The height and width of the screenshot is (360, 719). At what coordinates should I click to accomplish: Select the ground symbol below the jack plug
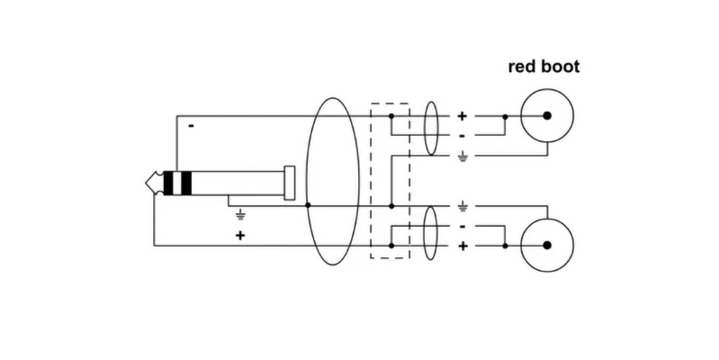coord(240,215)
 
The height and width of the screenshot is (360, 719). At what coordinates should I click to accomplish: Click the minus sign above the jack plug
coord(191,126)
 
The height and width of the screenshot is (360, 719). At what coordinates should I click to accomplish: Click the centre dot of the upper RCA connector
coord(545,116)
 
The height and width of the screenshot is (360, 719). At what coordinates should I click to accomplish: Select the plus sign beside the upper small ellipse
coord(463,116)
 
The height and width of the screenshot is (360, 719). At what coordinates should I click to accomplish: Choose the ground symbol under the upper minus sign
coord(463,157)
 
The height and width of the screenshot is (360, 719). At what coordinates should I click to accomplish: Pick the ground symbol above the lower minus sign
coord(463,205)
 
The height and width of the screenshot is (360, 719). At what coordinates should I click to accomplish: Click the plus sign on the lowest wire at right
coord(463,245)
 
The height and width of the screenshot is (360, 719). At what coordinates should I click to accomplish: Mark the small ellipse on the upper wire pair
coord(430,126)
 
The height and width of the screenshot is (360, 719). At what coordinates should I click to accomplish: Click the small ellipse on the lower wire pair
coord(430,233)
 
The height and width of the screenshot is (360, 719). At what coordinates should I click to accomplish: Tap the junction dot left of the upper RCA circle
coord(505,116)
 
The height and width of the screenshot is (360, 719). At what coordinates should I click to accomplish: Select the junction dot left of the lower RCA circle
coord(505,245)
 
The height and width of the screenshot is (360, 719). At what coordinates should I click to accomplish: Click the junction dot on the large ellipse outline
coord(308,206)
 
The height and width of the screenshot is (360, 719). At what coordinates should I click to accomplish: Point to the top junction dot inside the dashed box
coord(391,116)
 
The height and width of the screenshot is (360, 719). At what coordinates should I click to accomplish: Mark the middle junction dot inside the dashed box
coord(391,206)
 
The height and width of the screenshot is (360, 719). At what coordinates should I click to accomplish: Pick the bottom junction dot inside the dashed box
coord(391,245)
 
